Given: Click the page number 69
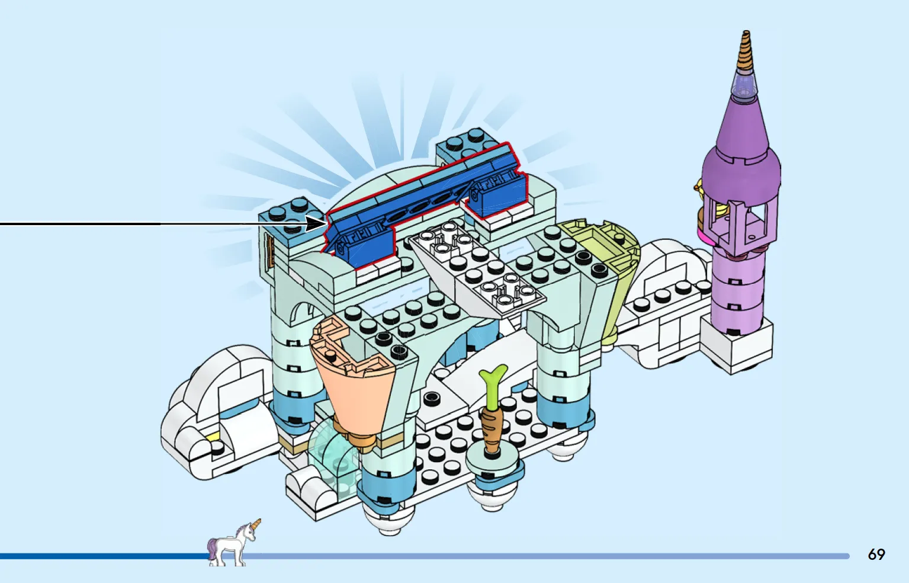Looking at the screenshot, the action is (876, 554).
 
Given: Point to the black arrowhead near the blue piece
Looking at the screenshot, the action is (315, 223).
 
